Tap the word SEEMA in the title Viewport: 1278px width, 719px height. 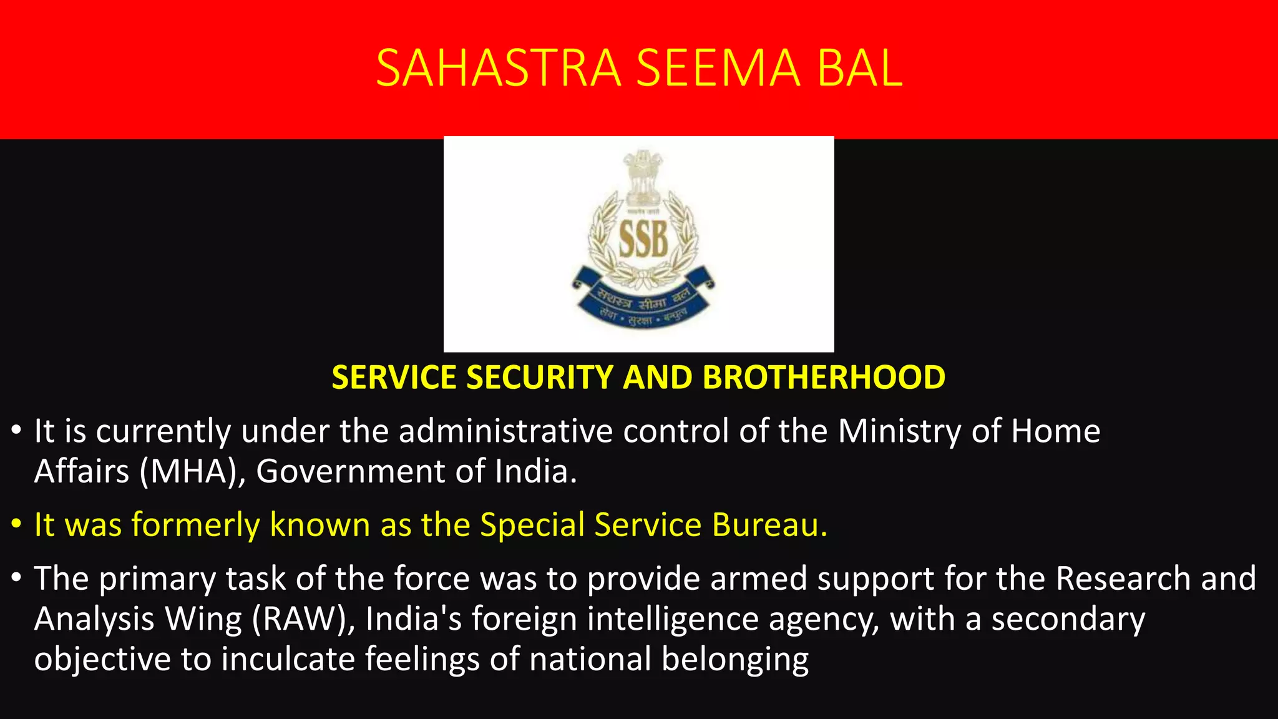click(718, 68)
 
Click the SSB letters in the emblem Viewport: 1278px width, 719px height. click(643, 240)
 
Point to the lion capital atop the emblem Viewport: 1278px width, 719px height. click(643, 178)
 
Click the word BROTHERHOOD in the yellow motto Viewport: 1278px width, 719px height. click(824, 378)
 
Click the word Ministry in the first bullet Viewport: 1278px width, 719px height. click(899, 431)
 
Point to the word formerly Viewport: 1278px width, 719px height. click(195, 525)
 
